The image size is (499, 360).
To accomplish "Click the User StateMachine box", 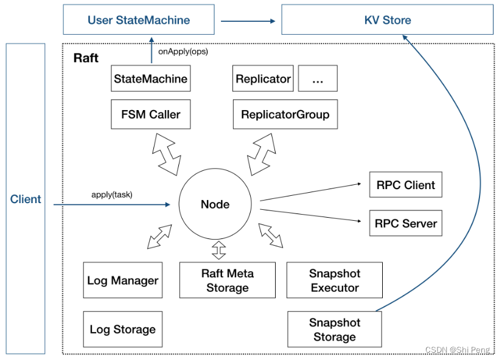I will (x=139, y=20).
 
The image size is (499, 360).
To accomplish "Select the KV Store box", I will (x=387, y=20).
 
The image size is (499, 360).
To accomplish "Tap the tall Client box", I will (x=26, y=199).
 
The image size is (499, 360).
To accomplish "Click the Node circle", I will (x=215, y=204).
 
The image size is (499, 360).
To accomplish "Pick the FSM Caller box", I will (x=150, y=114).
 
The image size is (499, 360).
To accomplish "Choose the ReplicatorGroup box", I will (x=285, y=114).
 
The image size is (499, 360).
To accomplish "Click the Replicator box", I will (x=263, y=79).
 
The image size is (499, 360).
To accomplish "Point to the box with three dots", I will (x=317, y=79).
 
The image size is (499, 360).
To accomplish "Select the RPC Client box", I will (x=405, y=185).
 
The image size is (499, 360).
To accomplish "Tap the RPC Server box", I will (x=405, y=223).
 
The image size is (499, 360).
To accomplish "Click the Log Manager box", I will (x=122, y=280).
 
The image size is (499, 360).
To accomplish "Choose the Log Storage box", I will (x=122, y=329).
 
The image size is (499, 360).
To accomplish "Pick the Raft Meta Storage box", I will (x=227, y=280).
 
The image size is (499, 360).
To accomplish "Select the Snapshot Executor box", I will (x=334, y=280).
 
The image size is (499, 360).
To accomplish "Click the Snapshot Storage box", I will (x=334, y=330).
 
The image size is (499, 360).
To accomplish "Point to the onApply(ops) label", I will (x=183, y=52).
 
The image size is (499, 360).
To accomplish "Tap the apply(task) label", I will (x=111, y=195).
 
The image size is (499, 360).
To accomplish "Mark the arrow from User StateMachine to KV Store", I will (x=246, y=21).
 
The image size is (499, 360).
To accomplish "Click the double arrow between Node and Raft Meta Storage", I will (x=218, y=250).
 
